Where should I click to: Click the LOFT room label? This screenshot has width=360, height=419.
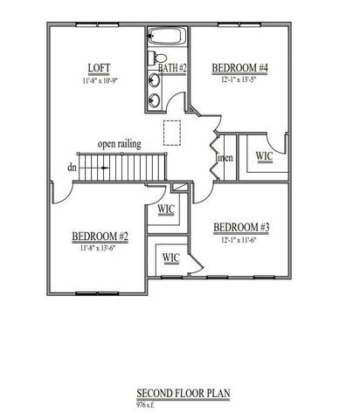pyautogui.click(x=98, y=69)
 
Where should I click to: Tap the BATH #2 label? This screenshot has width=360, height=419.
pyautogui.click(x=171, y=67)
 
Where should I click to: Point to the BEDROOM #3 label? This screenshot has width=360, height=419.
pyautogui.click(x=242, y=228)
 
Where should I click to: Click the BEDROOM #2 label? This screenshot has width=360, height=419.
pyautogui.click(x=100, y=237)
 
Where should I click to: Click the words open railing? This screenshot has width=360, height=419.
pyautogui.click(x=120, y=144)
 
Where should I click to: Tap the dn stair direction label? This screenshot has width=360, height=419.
pyautogui.click(x=71, y=167)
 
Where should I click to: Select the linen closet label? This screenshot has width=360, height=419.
pyautogui.click(x=225, y=156)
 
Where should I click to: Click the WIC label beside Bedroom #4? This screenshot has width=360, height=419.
pyautogui.click(x=263, y=156)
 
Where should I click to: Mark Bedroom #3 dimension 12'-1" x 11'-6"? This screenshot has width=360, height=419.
pyautogui.click(x=242, y=240)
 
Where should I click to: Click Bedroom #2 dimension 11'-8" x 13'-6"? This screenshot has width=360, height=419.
pyautogui.click(x=100, y=248)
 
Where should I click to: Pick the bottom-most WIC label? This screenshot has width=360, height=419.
pyautogui.click(x=170, y=258)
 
